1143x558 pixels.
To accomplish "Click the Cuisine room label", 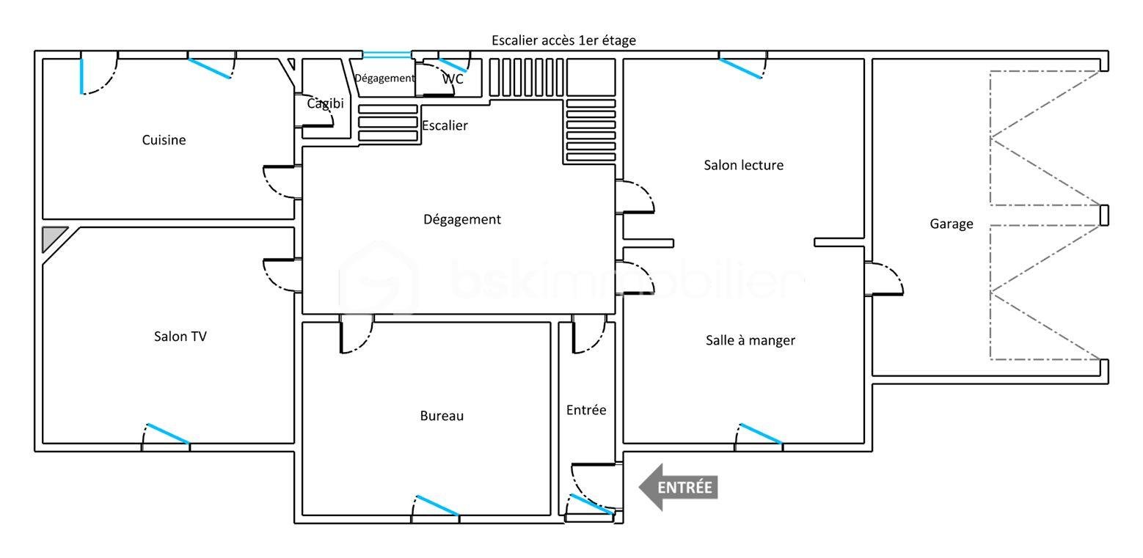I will pyautogui.click(x=164, y=140).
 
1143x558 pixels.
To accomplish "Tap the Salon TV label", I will pyautogui.click(x=180, y=337).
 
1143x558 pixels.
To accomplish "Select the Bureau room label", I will pyautogui.click(x=442, y=416).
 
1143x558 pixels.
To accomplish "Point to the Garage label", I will pyautogui.click(x=952, y=224).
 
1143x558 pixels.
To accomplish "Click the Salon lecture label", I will pyautogui.click(x=743, y=165).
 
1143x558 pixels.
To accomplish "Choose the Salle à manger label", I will pyautogui.click(x=750, y=340).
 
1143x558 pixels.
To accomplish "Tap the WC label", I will pyautogui.click(x=453, y=78).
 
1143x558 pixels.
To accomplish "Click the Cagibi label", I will pyautogui.click(x=325, y=103).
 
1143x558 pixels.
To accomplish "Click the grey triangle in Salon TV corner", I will pyautogui.click(x=51, y=236).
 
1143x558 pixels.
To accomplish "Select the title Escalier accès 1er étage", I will pyautogui.click(x=563, y=40).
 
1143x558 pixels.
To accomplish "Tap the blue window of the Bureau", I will pyautogui.click(x=437, y=505).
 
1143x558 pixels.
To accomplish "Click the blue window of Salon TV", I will pyautogui.click(x=168, y=433).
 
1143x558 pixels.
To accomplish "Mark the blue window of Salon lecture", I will pyautogui.click(x=741, y=68).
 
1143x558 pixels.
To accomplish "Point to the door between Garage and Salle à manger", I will pyautogui.click(x=883, y=279).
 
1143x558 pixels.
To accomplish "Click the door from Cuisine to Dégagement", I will pyautogui.click(x=282, y=182).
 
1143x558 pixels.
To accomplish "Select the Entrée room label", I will pyautogui.click(x=586, y=410).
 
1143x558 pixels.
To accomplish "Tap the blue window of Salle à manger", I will pyautogui.click(x=761, y=433).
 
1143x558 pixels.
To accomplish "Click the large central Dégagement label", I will pyautogui.click(x=462, y=219).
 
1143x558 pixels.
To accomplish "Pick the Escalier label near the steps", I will pyautogui.click(x=445, y=125).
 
